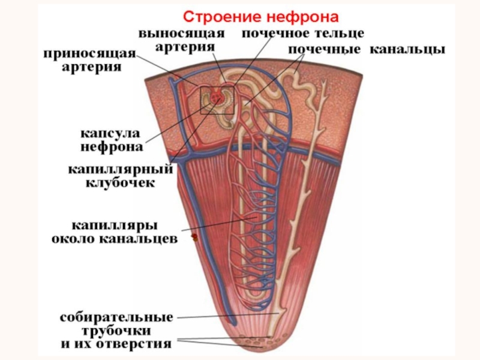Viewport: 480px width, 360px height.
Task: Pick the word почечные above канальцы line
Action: (325, 49)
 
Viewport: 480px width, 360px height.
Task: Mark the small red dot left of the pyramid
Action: (194, 238)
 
